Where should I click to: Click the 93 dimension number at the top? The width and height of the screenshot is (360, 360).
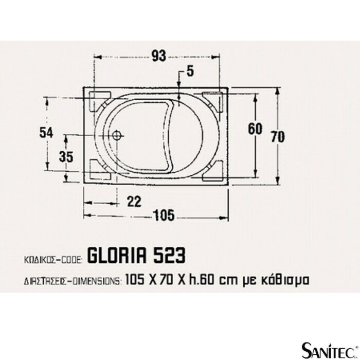click(158, 56)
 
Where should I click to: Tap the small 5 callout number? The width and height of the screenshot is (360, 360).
click(190, 71)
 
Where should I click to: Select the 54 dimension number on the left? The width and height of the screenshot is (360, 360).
click(46, 133)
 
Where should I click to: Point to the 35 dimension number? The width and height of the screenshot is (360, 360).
click(66, 157)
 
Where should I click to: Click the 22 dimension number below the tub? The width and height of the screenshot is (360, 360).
click(134, 202)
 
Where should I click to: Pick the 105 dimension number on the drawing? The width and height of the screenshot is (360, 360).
click(164, 216)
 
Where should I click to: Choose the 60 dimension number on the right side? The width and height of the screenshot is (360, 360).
click(255, 129)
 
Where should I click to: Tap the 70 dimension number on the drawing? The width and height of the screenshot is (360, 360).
click(278, 137)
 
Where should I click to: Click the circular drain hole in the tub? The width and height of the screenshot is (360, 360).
click(117, 135)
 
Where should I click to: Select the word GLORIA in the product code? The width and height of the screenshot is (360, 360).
click(117, 256)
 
